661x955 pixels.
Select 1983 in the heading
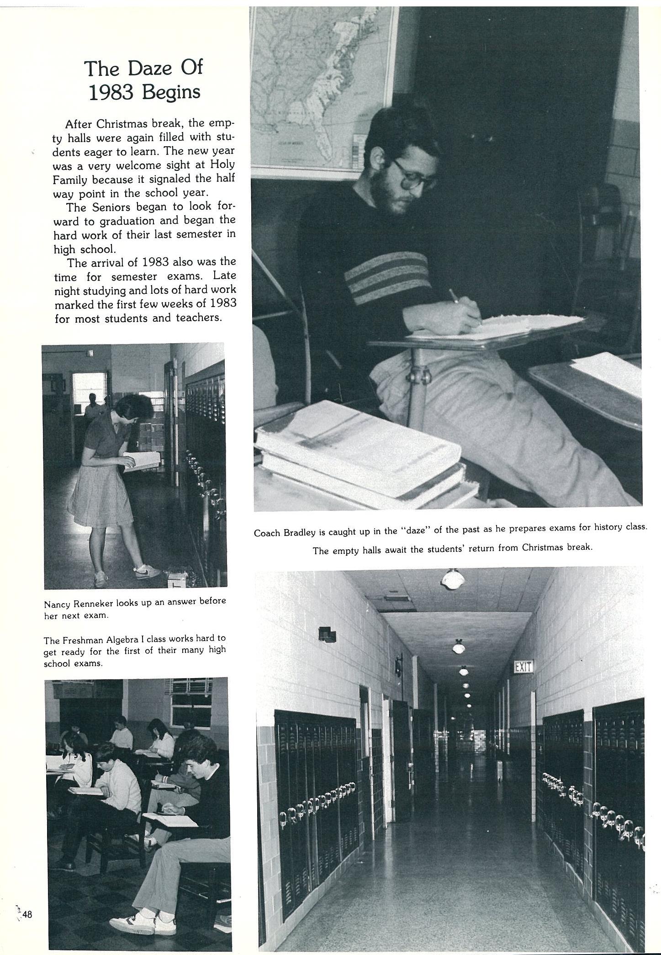click(x=111, y=93)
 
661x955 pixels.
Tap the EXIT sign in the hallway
click(x=524, y=667)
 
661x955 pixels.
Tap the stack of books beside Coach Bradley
click(x=361, y=452)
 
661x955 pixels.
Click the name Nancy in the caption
click(x=57, y=604)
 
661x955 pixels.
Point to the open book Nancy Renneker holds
click(x=143, y=461)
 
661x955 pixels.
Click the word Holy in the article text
click(x=223, y=164)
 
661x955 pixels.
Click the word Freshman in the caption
click(x=78, y=640)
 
